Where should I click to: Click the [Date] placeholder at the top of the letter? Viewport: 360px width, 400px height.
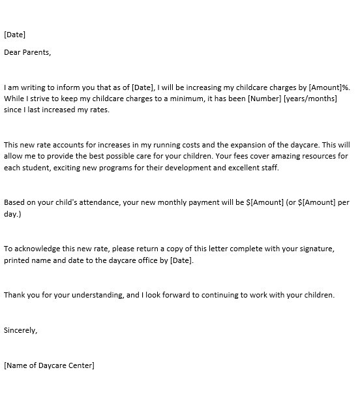coord(15,35)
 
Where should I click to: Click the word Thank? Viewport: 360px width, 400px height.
coord(15,295)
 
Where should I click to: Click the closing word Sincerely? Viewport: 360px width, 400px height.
coord(21,330)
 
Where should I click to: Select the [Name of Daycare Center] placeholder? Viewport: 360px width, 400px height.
coord(49,365)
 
